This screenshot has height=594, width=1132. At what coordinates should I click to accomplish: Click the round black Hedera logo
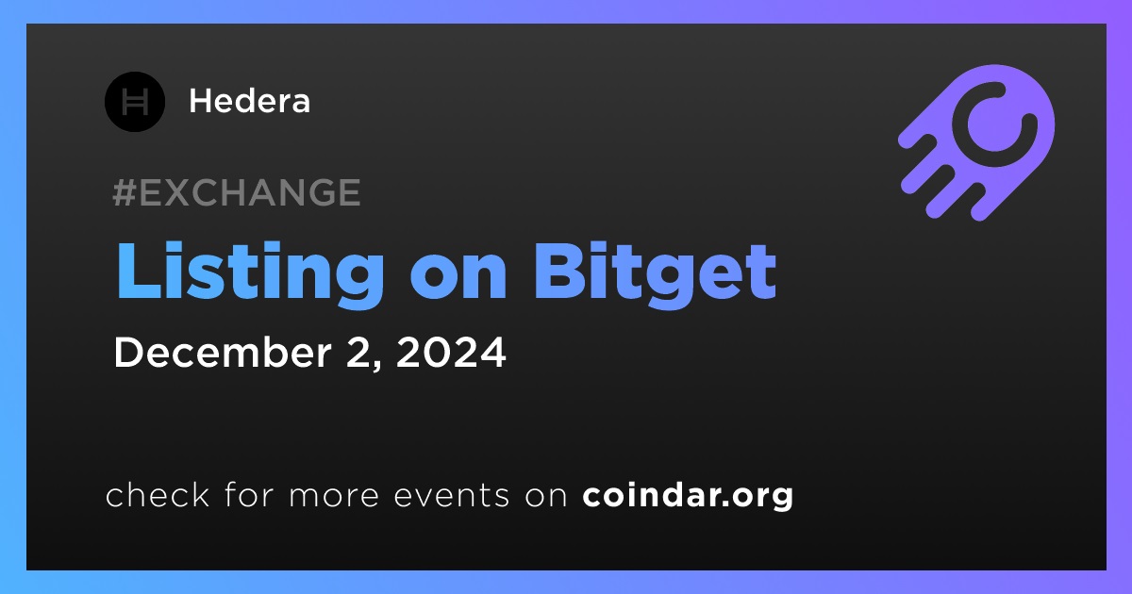(134, 102)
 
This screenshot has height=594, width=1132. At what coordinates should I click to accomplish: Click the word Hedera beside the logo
(249, 101)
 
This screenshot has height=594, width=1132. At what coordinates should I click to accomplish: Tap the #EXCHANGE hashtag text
(237, 192)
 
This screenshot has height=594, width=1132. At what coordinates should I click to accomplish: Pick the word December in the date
(223, 352)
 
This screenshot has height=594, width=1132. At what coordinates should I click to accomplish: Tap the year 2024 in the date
(451, 352)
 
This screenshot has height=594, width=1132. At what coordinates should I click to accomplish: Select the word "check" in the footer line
(158, 494)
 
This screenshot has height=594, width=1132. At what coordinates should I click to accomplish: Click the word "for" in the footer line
(249, 494)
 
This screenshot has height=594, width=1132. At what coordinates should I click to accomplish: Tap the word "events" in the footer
(451, 495)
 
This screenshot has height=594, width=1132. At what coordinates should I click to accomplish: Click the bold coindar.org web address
(688, 496)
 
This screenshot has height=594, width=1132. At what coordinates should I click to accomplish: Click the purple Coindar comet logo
(976, 142)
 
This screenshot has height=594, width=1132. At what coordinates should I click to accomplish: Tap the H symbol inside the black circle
(135, 102)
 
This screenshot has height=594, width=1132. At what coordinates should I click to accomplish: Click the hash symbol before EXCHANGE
(125, 192)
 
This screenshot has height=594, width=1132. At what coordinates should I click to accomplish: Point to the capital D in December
(129, 352)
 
